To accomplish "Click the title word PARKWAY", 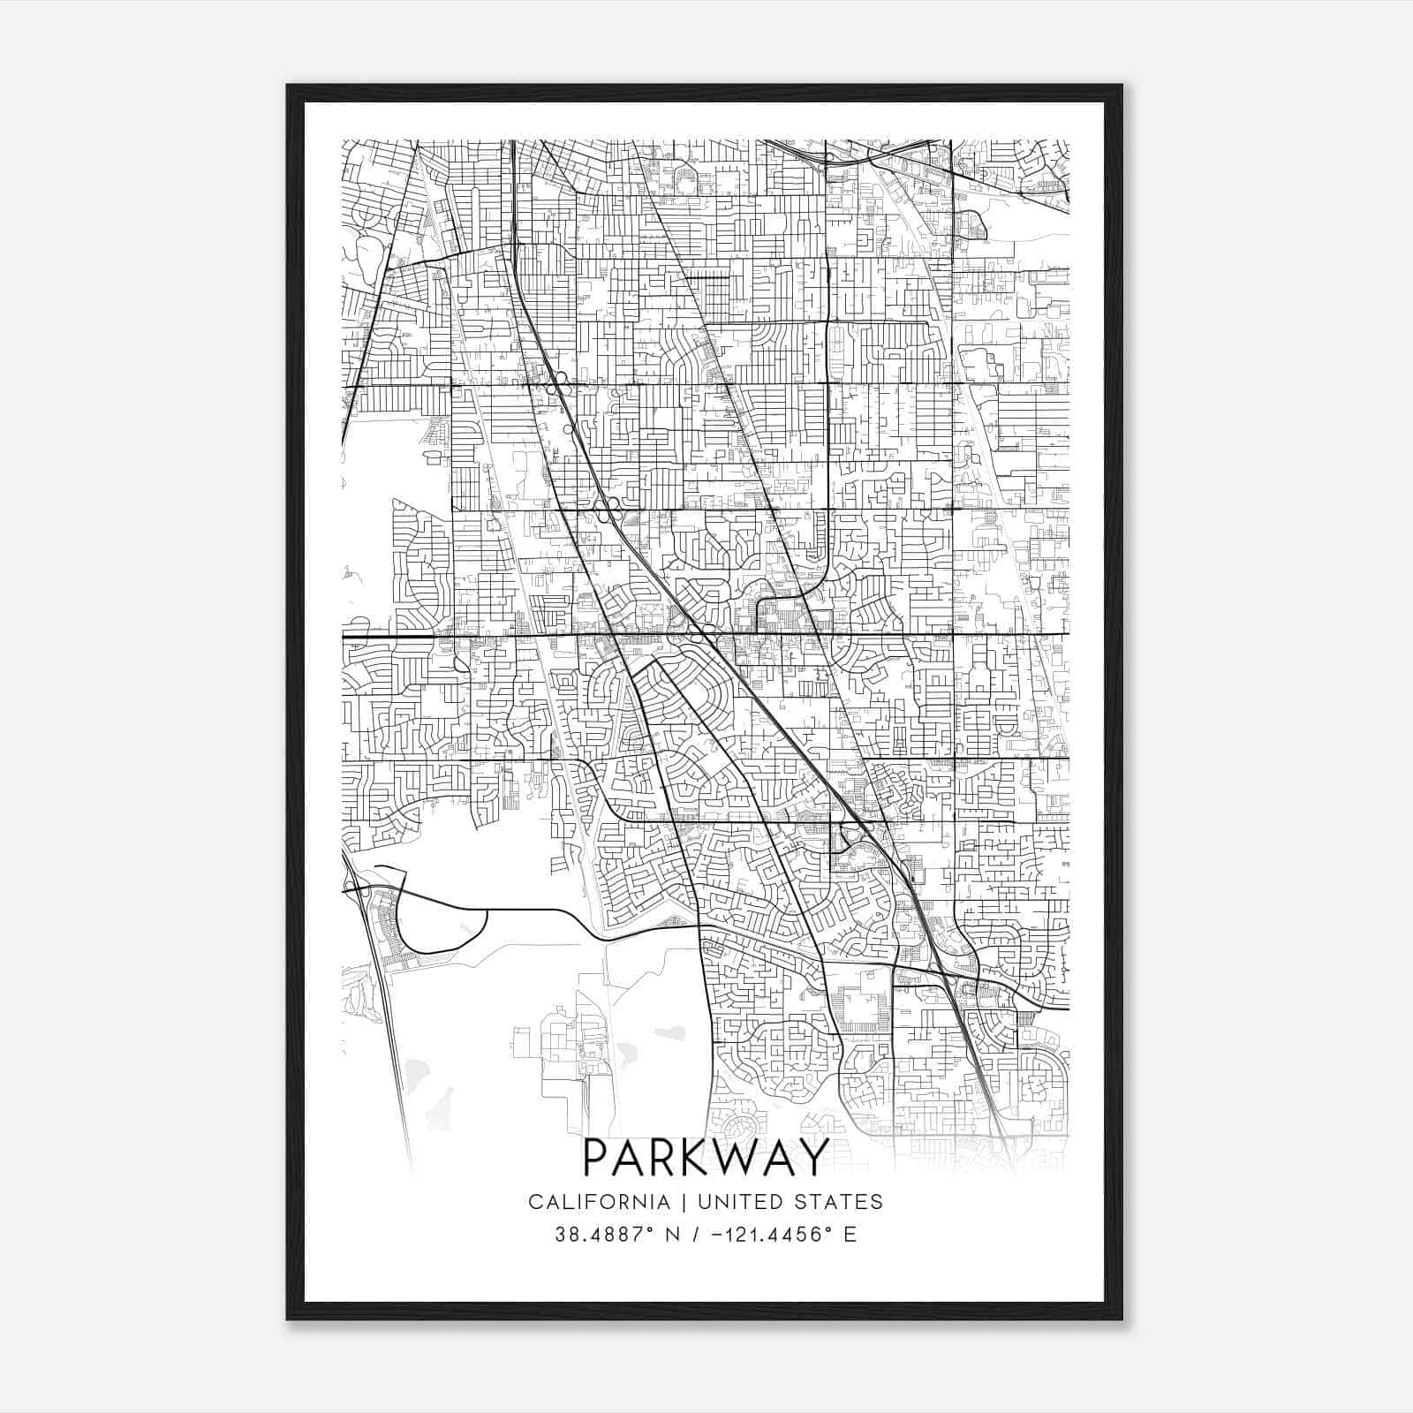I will click(x=706, y=1157).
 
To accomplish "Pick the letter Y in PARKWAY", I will click(x=813, y=1157).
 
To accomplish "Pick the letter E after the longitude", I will click(x=850, y=1235).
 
